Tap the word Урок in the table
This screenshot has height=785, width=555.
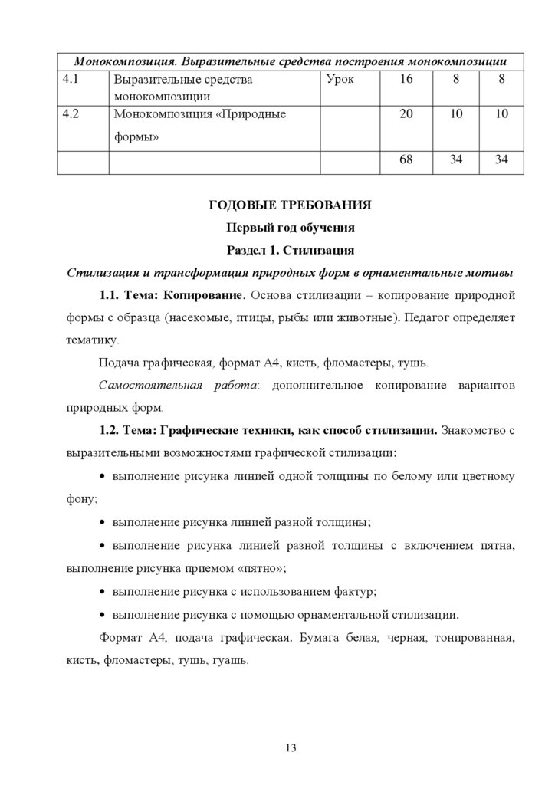click(x=340, y=80)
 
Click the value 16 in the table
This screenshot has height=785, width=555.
click(x=406, y=80)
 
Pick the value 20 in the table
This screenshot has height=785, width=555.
click(x=406, y=114)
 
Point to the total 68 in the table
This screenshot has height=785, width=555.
click(x=406, y=161)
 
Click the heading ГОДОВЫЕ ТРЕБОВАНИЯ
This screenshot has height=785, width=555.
click(x=291, y=205)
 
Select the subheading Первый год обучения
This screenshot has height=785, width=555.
click(x=291, y=228)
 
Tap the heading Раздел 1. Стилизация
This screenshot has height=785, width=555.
click(x=291, y=250)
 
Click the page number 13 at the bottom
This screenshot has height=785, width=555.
click(x=291, y=748)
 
